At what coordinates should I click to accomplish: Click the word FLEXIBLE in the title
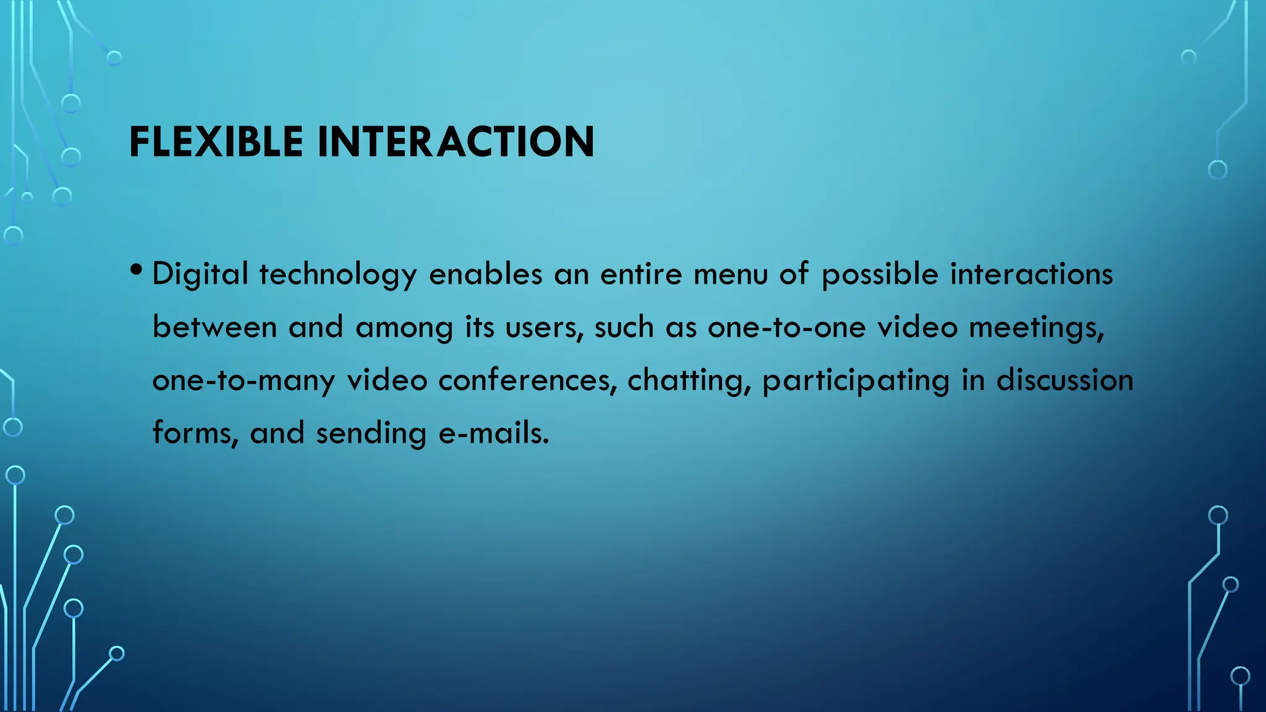coord(216,142)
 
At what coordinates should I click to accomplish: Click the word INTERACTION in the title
coord(456,142)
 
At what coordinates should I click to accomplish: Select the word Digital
coord(200,274)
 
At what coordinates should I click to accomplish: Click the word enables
coord(485,274)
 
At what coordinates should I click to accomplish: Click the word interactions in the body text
coord(1031,274)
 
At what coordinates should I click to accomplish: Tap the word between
coord(215,327)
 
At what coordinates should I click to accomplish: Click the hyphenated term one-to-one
coord(786,327)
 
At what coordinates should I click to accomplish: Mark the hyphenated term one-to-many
coord(244,380)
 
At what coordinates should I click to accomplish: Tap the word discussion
coord(1064,380)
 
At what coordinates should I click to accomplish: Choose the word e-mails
coord(493,433)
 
